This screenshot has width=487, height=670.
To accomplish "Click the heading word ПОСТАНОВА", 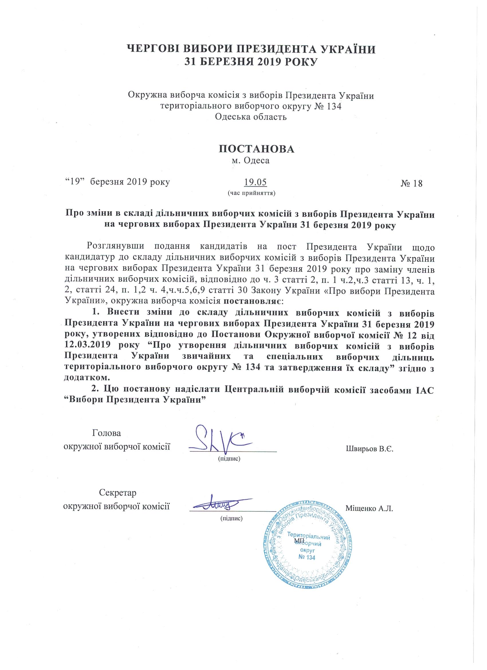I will point(256,149).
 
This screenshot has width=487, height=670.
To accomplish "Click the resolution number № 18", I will point(411,183).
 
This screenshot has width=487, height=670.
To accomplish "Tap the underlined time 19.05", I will point(256,182).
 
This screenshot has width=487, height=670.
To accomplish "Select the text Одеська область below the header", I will point(251,117).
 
